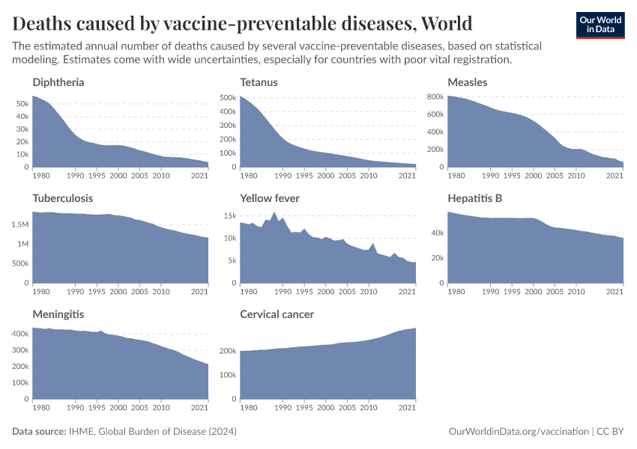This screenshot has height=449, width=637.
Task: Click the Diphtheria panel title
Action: tap(58, 82)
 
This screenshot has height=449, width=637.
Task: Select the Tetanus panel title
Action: tap(259, 82)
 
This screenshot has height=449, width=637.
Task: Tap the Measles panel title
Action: tap(467, 82)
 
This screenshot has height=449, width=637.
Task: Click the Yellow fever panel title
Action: tap(270, 198)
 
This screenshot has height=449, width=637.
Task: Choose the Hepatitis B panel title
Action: tap(474, 198)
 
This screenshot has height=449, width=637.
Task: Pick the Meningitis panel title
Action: tap(58, 314)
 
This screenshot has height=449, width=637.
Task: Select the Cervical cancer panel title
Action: tap(277, 314)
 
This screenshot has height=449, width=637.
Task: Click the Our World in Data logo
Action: tap(600, 25)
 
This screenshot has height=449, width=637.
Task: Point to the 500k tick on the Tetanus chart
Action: tap(228, 97)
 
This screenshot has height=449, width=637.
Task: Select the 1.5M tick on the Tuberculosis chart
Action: tap(21, 224)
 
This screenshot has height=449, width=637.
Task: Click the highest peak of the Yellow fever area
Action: tap(274, 213)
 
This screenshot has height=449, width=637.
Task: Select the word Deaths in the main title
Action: tap(45, 22)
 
